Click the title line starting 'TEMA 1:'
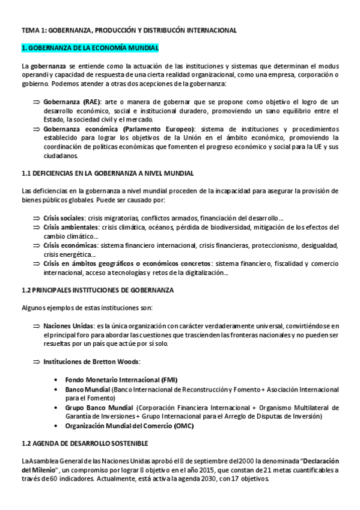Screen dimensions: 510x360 pyautogui.click(x=129, y=29)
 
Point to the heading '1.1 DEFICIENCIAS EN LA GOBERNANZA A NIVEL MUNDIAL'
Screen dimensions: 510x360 pyautogui.click(x=108, y=173)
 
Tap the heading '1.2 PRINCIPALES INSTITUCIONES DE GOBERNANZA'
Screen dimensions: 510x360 pyautogui.click(x=97, y=290)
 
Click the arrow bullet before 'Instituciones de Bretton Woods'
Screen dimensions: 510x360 pyautogui.click(x=35, y=361)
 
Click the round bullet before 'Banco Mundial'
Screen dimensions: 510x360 pyautogui.click(x=56, y=390)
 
